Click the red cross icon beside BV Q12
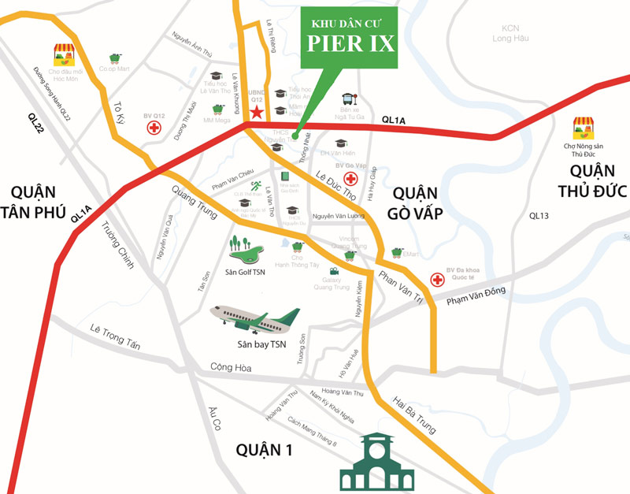tap(154, 130)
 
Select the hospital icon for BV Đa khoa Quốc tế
tap(436, 279)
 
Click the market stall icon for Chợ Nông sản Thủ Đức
tap(584, 127)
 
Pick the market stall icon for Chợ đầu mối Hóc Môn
tap(64, 55)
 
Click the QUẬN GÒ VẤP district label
tap(419, 202)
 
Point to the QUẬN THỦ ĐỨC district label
tap(591, 180)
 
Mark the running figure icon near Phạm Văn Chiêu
tap(255, 187)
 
